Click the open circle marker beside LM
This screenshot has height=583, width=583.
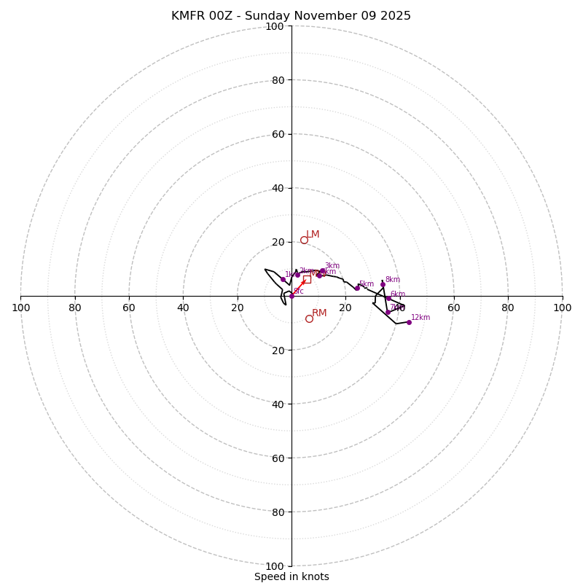pyautogui.click(x=304, y=240)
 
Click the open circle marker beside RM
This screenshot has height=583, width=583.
pyautogui.click(x=309, y=318)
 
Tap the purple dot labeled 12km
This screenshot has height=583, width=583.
pyautogui.click(x=409, y=322)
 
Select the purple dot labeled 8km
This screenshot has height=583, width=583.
pyautogui.click(x=383, y=284)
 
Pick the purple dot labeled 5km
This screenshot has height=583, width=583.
pyautogui.click(x=357, y=288)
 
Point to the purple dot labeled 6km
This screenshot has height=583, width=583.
pyautogui.click(x=388, y=298)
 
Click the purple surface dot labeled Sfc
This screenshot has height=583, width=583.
pyautogui.click(x=291, y=296)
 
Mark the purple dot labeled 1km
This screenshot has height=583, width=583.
pyautogui.click(x=283, y=279)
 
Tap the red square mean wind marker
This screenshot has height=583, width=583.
pyautogui.click(x=307, y=279)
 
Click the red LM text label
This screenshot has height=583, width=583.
pyautogui.click(x=313, y=235)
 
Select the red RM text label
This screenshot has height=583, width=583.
pyautogui.click(x=319, y=313)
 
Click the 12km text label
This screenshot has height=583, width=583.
pyautogui.click(x=420, y=318)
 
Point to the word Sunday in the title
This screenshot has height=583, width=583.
pyautogui.click(x=267, y=16)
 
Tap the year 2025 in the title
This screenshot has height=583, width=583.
pyautogui.click(x=394, y=16)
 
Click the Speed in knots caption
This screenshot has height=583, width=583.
pyautogui.click(x=291, y=577)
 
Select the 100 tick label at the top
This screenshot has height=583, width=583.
pyautogui.click(x=274, y=27)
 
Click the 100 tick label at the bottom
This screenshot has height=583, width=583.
pyautogui.click(x=274, y=566)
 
